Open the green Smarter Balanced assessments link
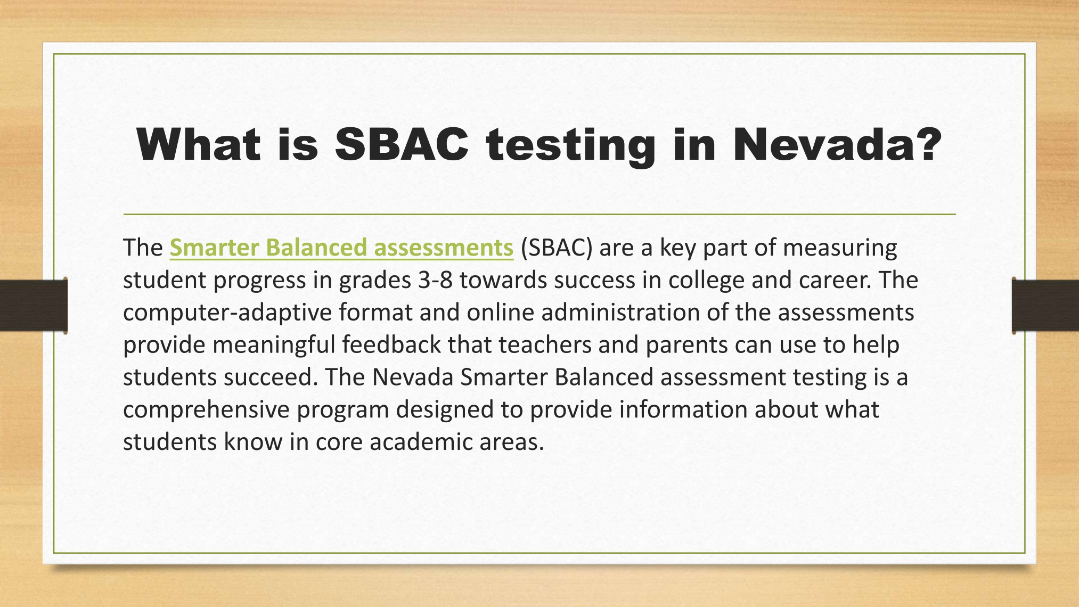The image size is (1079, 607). coord(341,248)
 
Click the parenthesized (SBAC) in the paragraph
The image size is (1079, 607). coord(557,248)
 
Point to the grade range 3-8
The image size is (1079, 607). coord(435,280)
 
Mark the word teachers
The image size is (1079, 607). coord(545,345)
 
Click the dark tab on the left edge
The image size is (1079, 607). coord(34,306)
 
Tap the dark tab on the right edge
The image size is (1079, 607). coord(1045,306)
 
